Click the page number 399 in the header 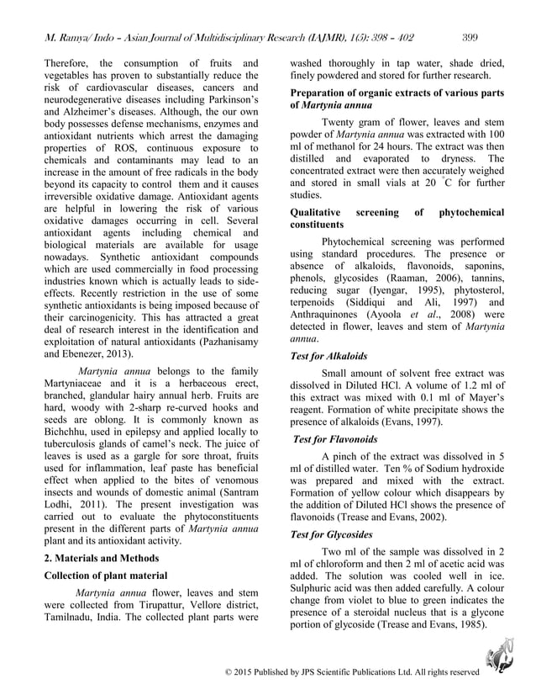click(471, 36)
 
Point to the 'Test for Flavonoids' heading click(335, 439)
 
